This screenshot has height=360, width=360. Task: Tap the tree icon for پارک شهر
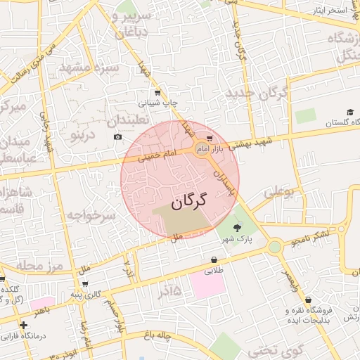pyautogui.click(x=236, y=226)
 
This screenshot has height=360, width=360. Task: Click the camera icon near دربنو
pyautogui.click(x=117, y=136)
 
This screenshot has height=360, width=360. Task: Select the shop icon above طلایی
pyautogui.click(x=214, y=259)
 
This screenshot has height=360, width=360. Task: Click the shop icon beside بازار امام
pyautogui.click(x=210, y=139)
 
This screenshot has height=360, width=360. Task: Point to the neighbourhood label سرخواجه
pyautogui.click(x=89, y=215)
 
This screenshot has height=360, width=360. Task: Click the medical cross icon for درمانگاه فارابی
pyautogui.click(x=24, y=326)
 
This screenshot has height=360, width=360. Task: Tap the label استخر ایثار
pyautogui.click(x=330, y=10)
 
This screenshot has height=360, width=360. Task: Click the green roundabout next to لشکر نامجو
pyautogui.click(x=274, y=246)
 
